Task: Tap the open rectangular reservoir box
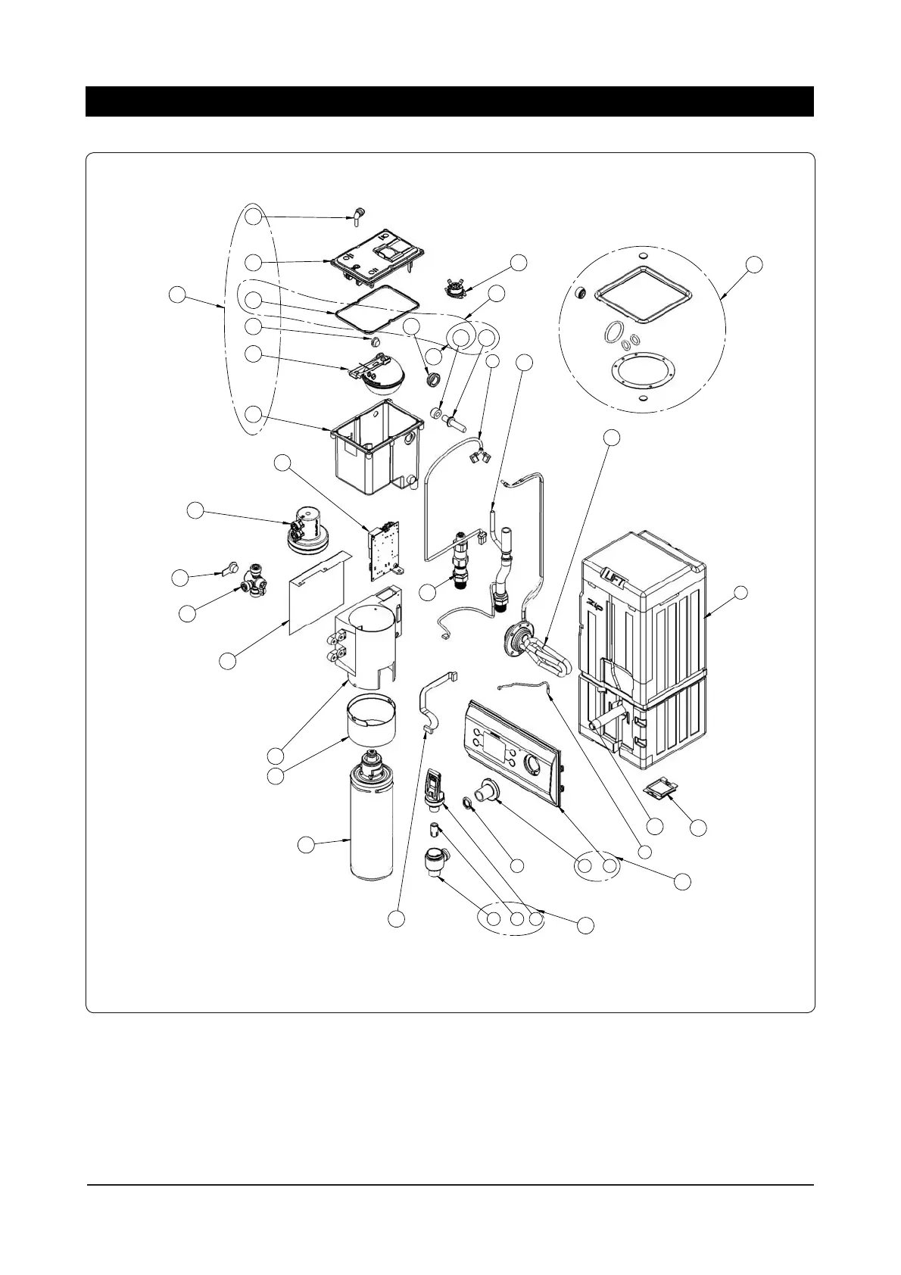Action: coord(373,450)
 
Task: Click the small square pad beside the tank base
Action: coord(658,791)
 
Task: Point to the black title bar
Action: coord(450,101)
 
